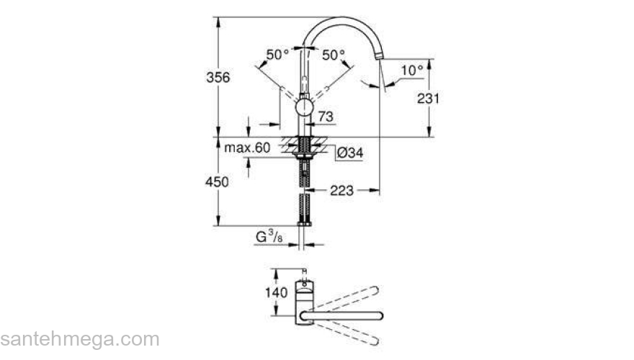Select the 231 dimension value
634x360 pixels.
429,99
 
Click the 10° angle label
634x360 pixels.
411,70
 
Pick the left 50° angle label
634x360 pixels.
278,54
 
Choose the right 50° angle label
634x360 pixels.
334,54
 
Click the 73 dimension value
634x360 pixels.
326,117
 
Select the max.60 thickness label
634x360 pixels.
247,148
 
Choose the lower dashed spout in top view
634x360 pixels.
346,333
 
